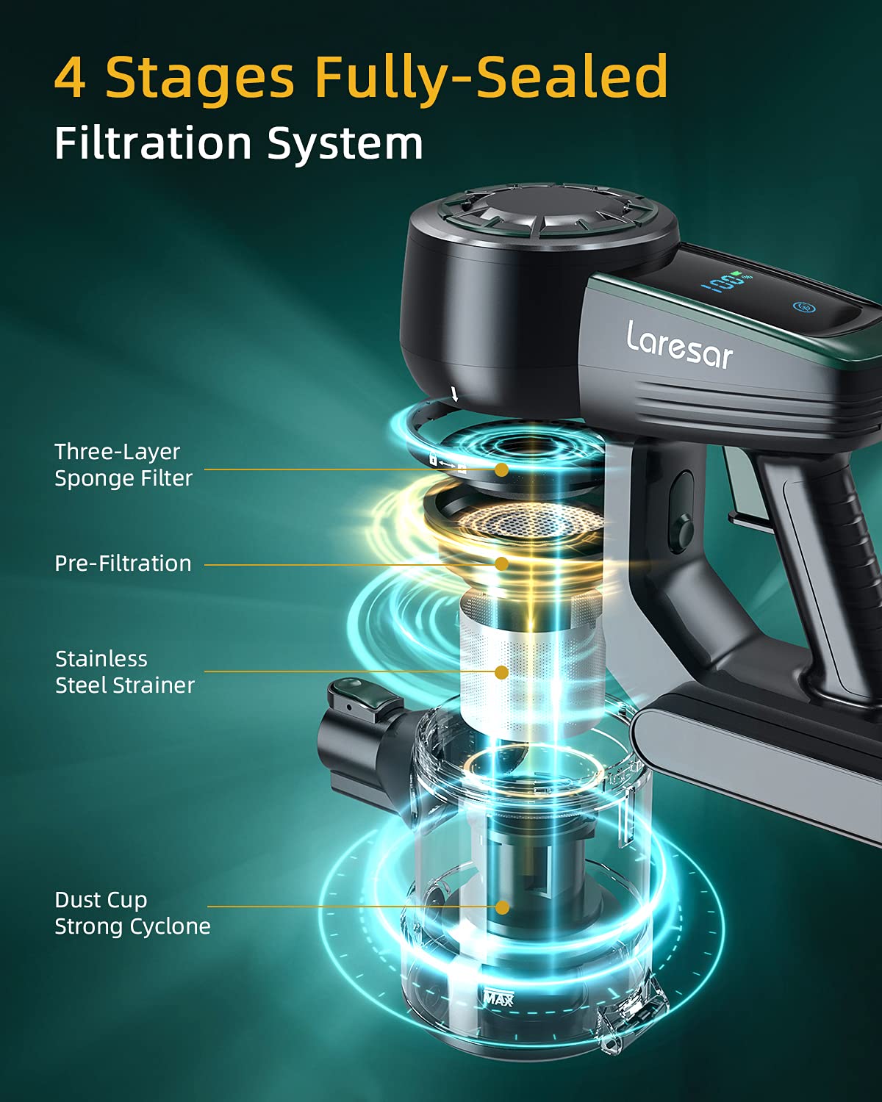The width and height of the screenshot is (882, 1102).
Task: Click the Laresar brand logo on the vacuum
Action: pos(679,346)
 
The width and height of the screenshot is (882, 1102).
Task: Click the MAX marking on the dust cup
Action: pos(498,998)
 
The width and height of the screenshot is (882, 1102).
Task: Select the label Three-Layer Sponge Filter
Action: pos(123,465)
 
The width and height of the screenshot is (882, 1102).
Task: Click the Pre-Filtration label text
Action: pos(123,563)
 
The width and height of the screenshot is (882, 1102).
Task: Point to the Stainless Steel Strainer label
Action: pos(124,672)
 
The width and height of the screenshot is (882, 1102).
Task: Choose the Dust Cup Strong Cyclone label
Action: pos(132,913)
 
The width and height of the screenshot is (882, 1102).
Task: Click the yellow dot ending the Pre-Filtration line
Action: pos(502,563)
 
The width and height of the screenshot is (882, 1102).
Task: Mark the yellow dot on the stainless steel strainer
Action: pos(502,671)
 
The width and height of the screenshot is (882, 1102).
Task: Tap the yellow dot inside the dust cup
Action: pos(503,907)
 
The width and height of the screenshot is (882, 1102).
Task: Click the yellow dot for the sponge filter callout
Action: pos(502,469)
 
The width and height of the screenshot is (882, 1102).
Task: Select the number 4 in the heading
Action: pos(71,77)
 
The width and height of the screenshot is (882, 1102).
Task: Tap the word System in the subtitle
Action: pos(345,144)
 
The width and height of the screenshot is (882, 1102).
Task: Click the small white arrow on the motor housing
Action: pos(454,395)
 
